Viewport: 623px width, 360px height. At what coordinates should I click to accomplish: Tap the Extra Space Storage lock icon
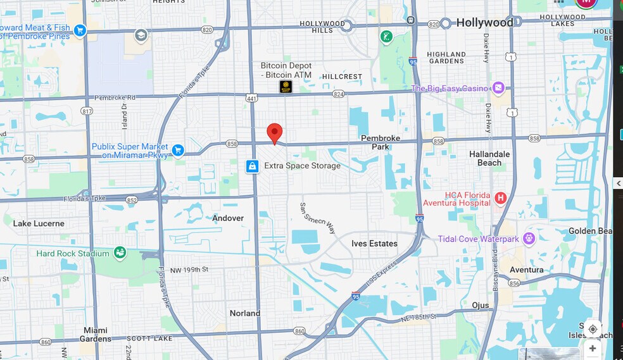[x=253, y=166]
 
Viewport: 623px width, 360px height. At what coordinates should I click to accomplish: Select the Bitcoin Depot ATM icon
[x=286, y=87]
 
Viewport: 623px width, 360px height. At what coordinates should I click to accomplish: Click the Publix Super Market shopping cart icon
[x=178, y=150]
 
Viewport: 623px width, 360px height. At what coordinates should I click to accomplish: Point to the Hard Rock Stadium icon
[x=119, y=253]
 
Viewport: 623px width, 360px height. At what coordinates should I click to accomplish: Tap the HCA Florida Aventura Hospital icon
[x=500, y=199]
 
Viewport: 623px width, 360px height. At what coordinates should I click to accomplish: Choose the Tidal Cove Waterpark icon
[x=529, y=239]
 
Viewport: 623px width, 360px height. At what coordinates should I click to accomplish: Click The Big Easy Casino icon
[x=498, y=88]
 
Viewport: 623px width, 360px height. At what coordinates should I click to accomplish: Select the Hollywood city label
[x=485, y=23]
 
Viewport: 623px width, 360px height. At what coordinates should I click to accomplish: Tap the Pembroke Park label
[x=381, y=142]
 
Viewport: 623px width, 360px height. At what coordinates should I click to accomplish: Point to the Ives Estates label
[x=374, y=244]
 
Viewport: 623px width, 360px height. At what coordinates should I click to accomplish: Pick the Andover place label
[x=228, y=218]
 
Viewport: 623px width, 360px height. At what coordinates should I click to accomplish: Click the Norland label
[x=245, y=313]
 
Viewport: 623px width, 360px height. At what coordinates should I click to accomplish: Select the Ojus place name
[x=481, y=305]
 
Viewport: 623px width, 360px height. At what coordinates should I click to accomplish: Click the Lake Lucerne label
[x=39, y=223]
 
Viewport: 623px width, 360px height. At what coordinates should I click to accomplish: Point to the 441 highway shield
[x=251, y=97]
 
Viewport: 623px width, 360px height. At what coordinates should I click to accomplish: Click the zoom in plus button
[x=592, y=349]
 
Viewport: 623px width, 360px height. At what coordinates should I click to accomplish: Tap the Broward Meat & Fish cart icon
[x=79, y=30]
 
